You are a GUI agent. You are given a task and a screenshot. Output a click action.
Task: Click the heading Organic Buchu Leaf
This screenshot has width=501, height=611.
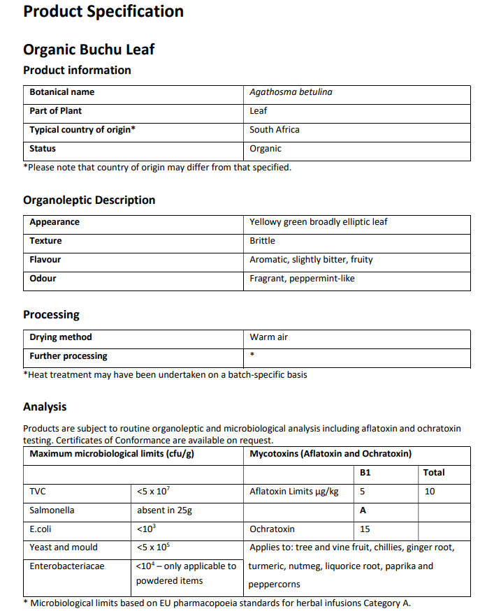click(89, 50)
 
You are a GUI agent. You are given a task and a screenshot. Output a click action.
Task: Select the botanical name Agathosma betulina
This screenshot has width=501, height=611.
click(291, 92)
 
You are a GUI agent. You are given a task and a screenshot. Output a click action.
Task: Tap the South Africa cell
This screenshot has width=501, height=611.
click(275, 130)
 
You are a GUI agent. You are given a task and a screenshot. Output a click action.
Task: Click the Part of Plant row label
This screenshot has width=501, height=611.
click(55, 111)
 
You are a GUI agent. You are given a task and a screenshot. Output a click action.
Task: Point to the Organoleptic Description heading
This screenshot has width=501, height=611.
click(89, 200)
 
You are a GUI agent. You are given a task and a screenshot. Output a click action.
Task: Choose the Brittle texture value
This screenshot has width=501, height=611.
click(262, 241)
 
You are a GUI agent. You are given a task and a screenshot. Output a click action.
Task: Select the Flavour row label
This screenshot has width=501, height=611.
click(45, 260)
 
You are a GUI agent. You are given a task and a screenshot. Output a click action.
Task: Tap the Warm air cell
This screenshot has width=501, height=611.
click(268, 337)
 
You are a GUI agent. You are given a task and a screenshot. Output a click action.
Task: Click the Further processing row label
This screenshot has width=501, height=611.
click(68, 356)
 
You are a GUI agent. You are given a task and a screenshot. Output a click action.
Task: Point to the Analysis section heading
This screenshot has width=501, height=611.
click(45, 406)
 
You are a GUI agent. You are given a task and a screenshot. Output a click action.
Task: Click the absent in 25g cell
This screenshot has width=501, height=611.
click(164, 510)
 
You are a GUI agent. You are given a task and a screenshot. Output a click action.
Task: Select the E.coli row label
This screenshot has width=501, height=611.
click(42, 529)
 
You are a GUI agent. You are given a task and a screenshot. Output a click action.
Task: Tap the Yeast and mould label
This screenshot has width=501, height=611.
click(64, 547)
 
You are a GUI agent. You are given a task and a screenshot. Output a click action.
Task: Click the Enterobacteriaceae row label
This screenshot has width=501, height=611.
click(66, 566)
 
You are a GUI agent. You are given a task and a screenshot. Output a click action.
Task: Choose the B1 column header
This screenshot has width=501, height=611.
click(365, 473)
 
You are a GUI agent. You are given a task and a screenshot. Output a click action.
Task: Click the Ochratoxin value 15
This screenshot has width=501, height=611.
click(365, 529)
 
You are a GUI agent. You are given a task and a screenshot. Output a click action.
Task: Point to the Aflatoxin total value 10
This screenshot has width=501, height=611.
click(429, 492)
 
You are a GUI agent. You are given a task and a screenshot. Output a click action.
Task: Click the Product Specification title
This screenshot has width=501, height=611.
click(103, 11)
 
